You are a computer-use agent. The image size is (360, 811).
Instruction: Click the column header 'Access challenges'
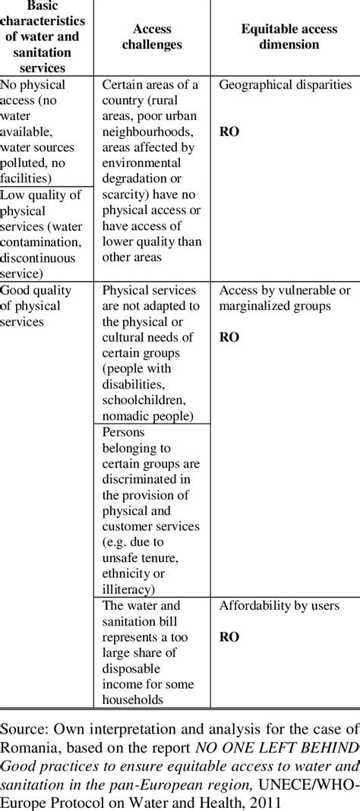click(152, 36)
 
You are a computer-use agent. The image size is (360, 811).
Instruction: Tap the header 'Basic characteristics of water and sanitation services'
click(46, 36)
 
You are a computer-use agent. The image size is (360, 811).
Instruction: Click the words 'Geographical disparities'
click(286, 85)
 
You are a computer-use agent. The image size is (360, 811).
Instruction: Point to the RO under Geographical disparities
click(229, 131)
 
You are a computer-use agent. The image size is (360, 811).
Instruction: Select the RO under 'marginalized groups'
click(229, 336)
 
